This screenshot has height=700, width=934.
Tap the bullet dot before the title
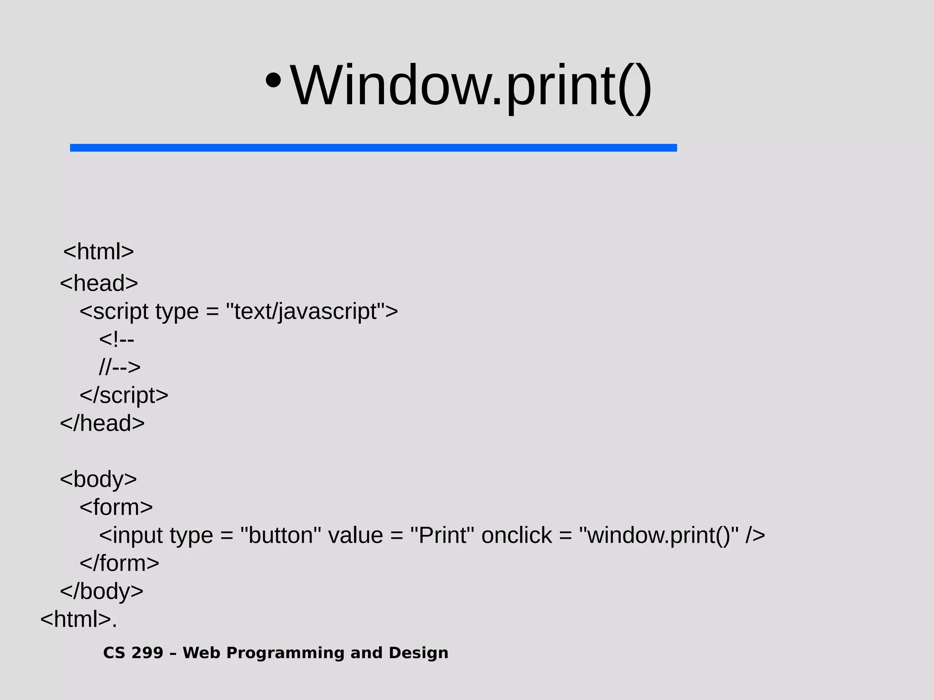[x=273, y=81]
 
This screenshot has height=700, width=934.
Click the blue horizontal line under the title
[x=373, y=148]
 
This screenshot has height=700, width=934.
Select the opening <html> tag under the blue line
[x=99, y=252]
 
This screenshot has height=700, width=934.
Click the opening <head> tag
[x=99, y=283]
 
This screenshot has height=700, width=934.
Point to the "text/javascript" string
[x=306, y=312]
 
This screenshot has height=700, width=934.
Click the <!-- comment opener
[x=117, y=339]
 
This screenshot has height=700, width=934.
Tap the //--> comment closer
[x=120, y=367]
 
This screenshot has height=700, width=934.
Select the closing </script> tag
[x=124, y=395]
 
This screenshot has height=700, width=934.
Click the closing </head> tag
[x=102, y=423]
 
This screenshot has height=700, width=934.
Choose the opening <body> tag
[x=99, y=479]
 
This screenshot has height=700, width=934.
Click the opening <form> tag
[x=116, y=507]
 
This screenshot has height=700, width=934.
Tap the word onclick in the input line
[x=517, y=535]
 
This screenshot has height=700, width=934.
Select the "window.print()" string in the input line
[x=659, y=535]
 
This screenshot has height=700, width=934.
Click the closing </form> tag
[x=119, y=563]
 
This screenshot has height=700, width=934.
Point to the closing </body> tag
[x=102, y=592]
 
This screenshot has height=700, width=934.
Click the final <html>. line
[x=78, y=619]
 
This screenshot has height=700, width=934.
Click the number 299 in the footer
[x=147, y=653]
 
